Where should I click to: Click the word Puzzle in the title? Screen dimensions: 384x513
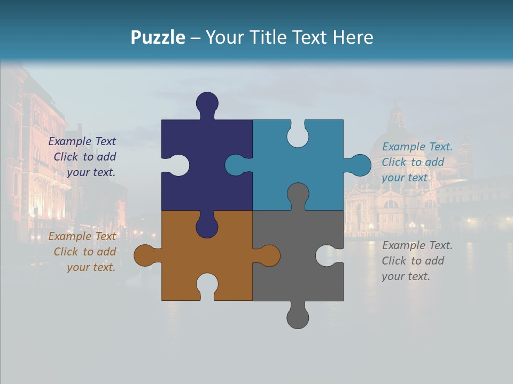[x=158, y=37]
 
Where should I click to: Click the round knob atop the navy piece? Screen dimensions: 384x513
[x=207, y=102]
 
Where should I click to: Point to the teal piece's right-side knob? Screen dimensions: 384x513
[x=360, y=165]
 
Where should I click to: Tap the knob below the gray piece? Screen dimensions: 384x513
[x=298, y=318]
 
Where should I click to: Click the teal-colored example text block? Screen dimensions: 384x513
[x=416, y=162]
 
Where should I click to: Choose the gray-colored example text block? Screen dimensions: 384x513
[x=416, y=261]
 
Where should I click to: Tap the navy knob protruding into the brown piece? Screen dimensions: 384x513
[x=207, y=227]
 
